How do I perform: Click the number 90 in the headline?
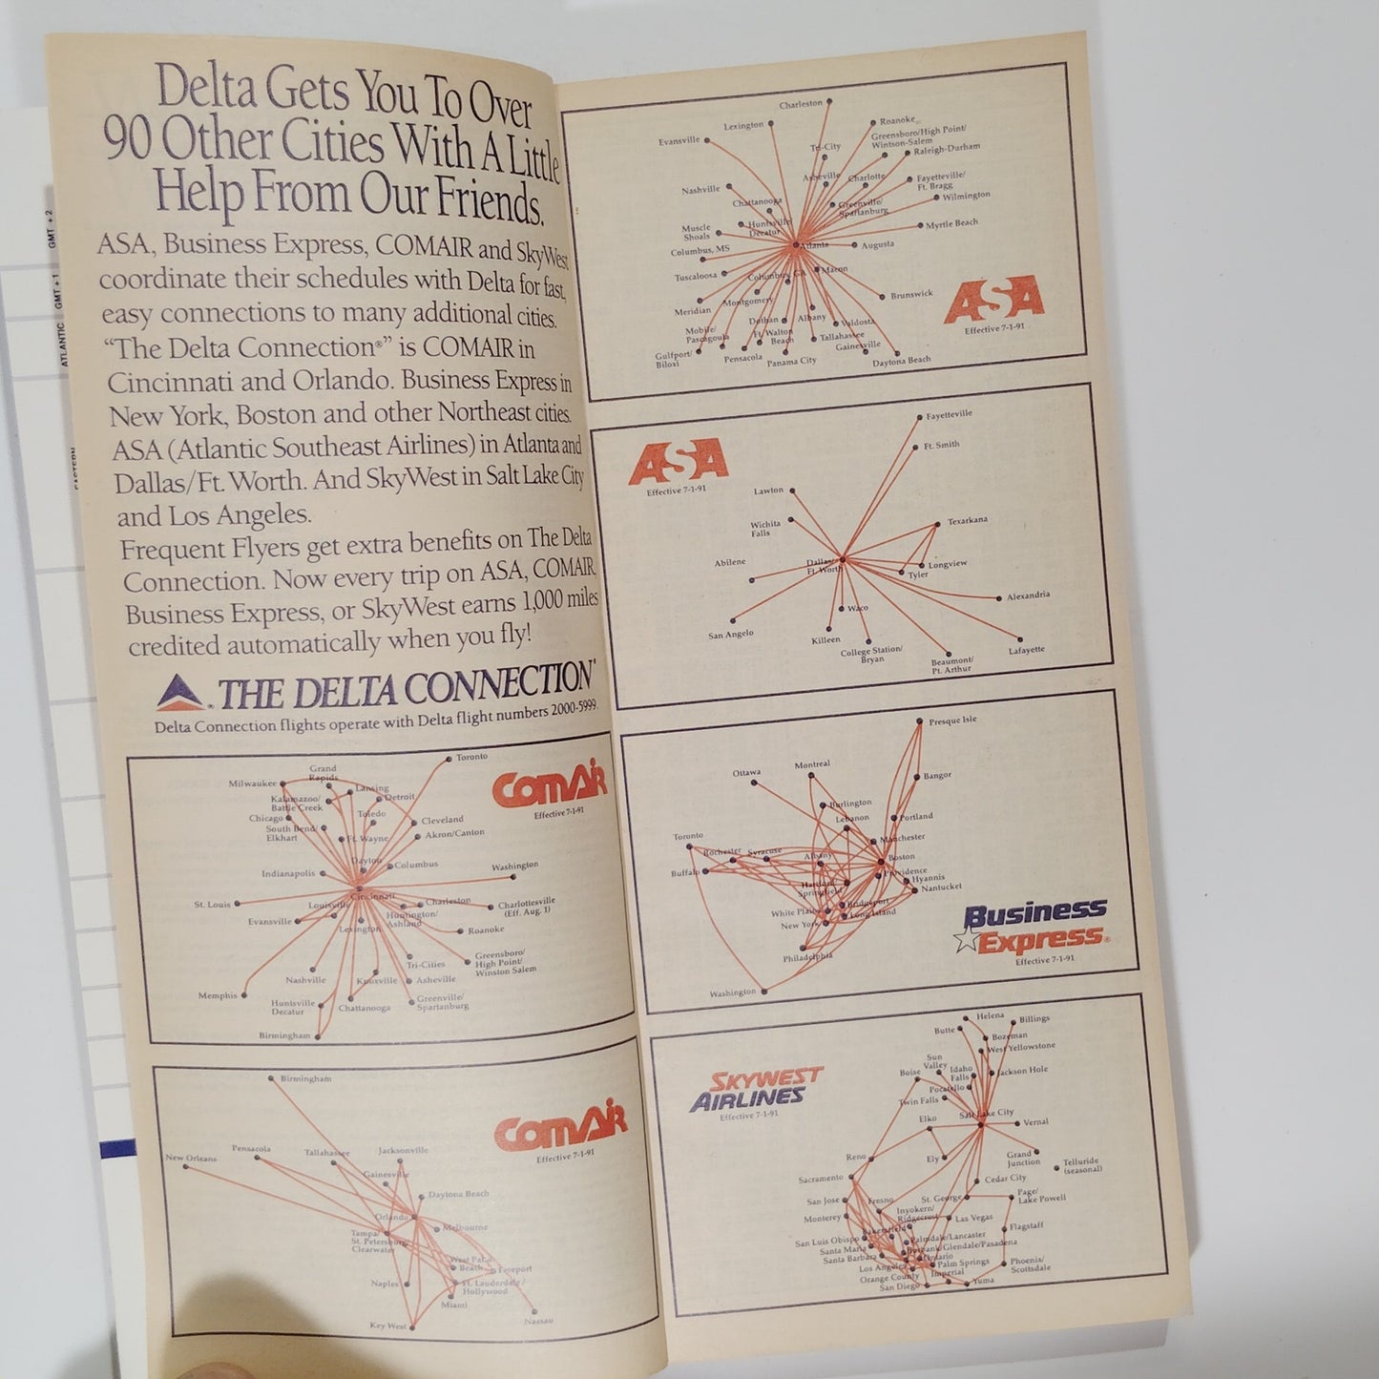click(x=128, y=140)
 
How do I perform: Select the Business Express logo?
click(x=1034, y=926)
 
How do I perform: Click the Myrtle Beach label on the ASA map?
click(x=951, y=224)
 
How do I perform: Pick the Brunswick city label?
click(x=911, y=295)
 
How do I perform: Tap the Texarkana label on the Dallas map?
click(x=967, y=521)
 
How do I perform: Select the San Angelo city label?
click(x=731, y=634)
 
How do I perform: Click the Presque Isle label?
click(x=952, y=721)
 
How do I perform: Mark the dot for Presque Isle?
click(x=919, y=722)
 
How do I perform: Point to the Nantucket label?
click(x=941, y=888)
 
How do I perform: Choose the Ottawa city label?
click(x=746, y=772)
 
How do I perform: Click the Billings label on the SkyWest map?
click(x=1034, y=1019)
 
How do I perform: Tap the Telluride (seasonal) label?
click(x=1081, y=1165)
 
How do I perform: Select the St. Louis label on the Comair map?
click(x=212, y=904)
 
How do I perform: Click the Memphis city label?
click(x=218, y=995)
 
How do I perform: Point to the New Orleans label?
click(x=191, y=1158)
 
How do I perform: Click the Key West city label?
click(x=388, y=1326)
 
